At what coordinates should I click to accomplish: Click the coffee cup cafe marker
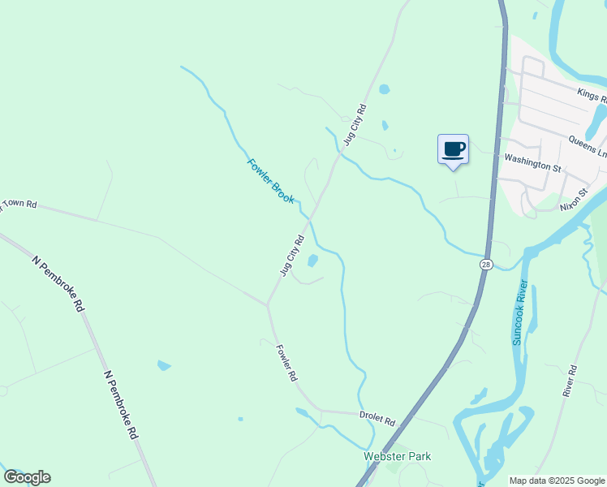(x=453, y=149)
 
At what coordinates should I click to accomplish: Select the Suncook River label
(x=519, y=312)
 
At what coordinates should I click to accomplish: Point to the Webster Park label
(x=397, y=456)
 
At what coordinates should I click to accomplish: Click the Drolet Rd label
(x=377, y=419)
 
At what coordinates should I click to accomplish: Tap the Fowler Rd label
(x=287, y=364)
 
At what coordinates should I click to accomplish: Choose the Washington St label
(x=533, y=162)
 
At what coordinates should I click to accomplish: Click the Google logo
(x=27, y=477)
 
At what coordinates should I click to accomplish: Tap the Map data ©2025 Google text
(x=557, y=481)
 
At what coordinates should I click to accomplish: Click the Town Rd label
(x=19, y=205)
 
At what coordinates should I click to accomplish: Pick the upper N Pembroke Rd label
(x=58, y=284)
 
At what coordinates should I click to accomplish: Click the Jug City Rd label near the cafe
(x=355, y=124)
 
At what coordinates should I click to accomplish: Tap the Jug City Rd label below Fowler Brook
(x=292, y=255)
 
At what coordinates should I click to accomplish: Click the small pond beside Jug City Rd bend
(x=312, y=261)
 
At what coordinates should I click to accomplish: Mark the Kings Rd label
(x=592, y=97)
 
